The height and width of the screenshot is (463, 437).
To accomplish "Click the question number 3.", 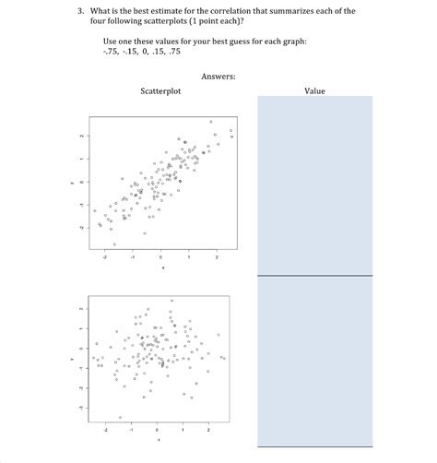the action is click(80, 10).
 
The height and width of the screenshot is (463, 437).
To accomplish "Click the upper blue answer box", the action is click(314, 184).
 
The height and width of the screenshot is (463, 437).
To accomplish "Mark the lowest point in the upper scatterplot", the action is click(114, 243).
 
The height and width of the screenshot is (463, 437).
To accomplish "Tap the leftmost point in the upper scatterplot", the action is click(94, 211).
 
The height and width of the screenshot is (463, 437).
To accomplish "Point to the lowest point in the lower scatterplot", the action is click(120, 417).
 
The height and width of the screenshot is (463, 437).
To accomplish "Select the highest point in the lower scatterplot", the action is click(171, 301).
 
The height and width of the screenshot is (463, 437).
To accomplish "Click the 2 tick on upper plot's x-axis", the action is click(217, 259).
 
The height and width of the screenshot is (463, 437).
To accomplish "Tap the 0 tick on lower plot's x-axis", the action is click(157, 430).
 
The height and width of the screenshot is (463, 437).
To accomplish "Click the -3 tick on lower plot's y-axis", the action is click(80, 408).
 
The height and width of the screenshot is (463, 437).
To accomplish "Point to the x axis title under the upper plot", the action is click(161, 269).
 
